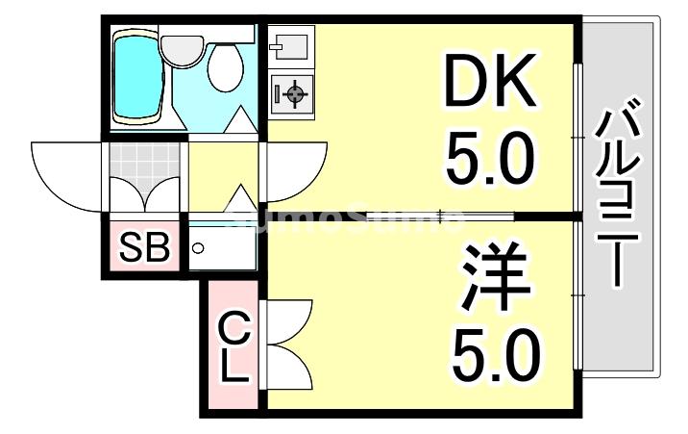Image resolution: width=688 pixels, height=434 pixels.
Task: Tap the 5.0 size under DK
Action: coord(488,161)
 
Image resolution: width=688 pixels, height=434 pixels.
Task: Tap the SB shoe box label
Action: coord(144,248)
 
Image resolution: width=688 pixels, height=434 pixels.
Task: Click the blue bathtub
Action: coord(135,78)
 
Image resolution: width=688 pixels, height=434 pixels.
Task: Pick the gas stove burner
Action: coord(293,93)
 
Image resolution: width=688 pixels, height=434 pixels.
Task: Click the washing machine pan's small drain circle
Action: coord(198,248)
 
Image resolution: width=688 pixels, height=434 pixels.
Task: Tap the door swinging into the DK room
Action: coord(293,173)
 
